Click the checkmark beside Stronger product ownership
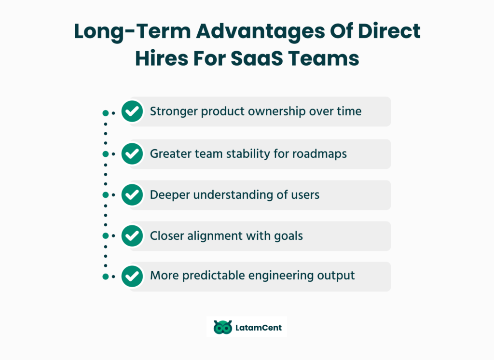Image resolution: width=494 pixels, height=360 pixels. pos(132,112)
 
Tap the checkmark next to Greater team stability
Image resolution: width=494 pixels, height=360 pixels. pos(132,154)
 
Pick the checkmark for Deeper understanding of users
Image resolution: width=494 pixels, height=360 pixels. pos(132,195)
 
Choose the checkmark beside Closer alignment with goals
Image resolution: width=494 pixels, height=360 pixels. pos(132,236)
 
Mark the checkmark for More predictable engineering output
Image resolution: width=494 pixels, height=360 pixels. pos(132,277)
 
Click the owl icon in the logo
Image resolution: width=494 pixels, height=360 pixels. pos(222,328)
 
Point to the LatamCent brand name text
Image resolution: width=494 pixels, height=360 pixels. pos(259,328)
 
